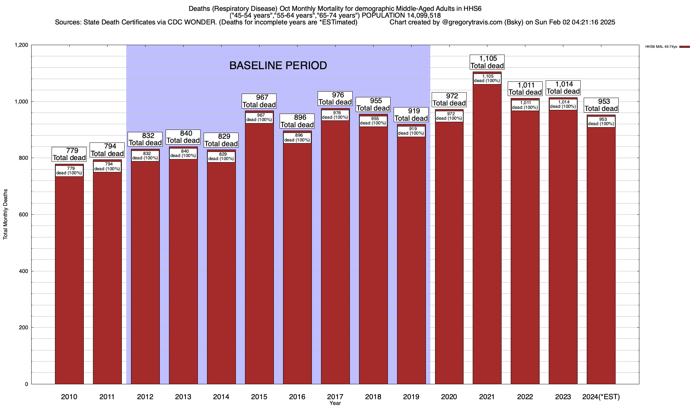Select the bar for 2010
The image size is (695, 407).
tap(69, 278)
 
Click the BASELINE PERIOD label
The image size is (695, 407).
tap(278, 65)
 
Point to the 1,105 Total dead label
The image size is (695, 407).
tap(487, 62)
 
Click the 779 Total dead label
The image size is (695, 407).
tap(69, 154)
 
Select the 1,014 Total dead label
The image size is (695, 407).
tap(563, 88)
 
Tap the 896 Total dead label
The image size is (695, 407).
tap(297, 121)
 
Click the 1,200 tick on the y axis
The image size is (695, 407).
tap(21, 45)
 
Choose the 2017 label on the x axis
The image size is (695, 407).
tap(335, 396)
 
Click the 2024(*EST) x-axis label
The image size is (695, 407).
tap(601, 396)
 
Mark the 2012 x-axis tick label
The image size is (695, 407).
tap(145, 396)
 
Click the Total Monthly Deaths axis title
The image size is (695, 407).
tap(5, 214)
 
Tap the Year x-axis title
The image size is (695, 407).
tap(335, 403)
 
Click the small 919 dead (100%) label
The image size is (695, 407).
tap(411, 131)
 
